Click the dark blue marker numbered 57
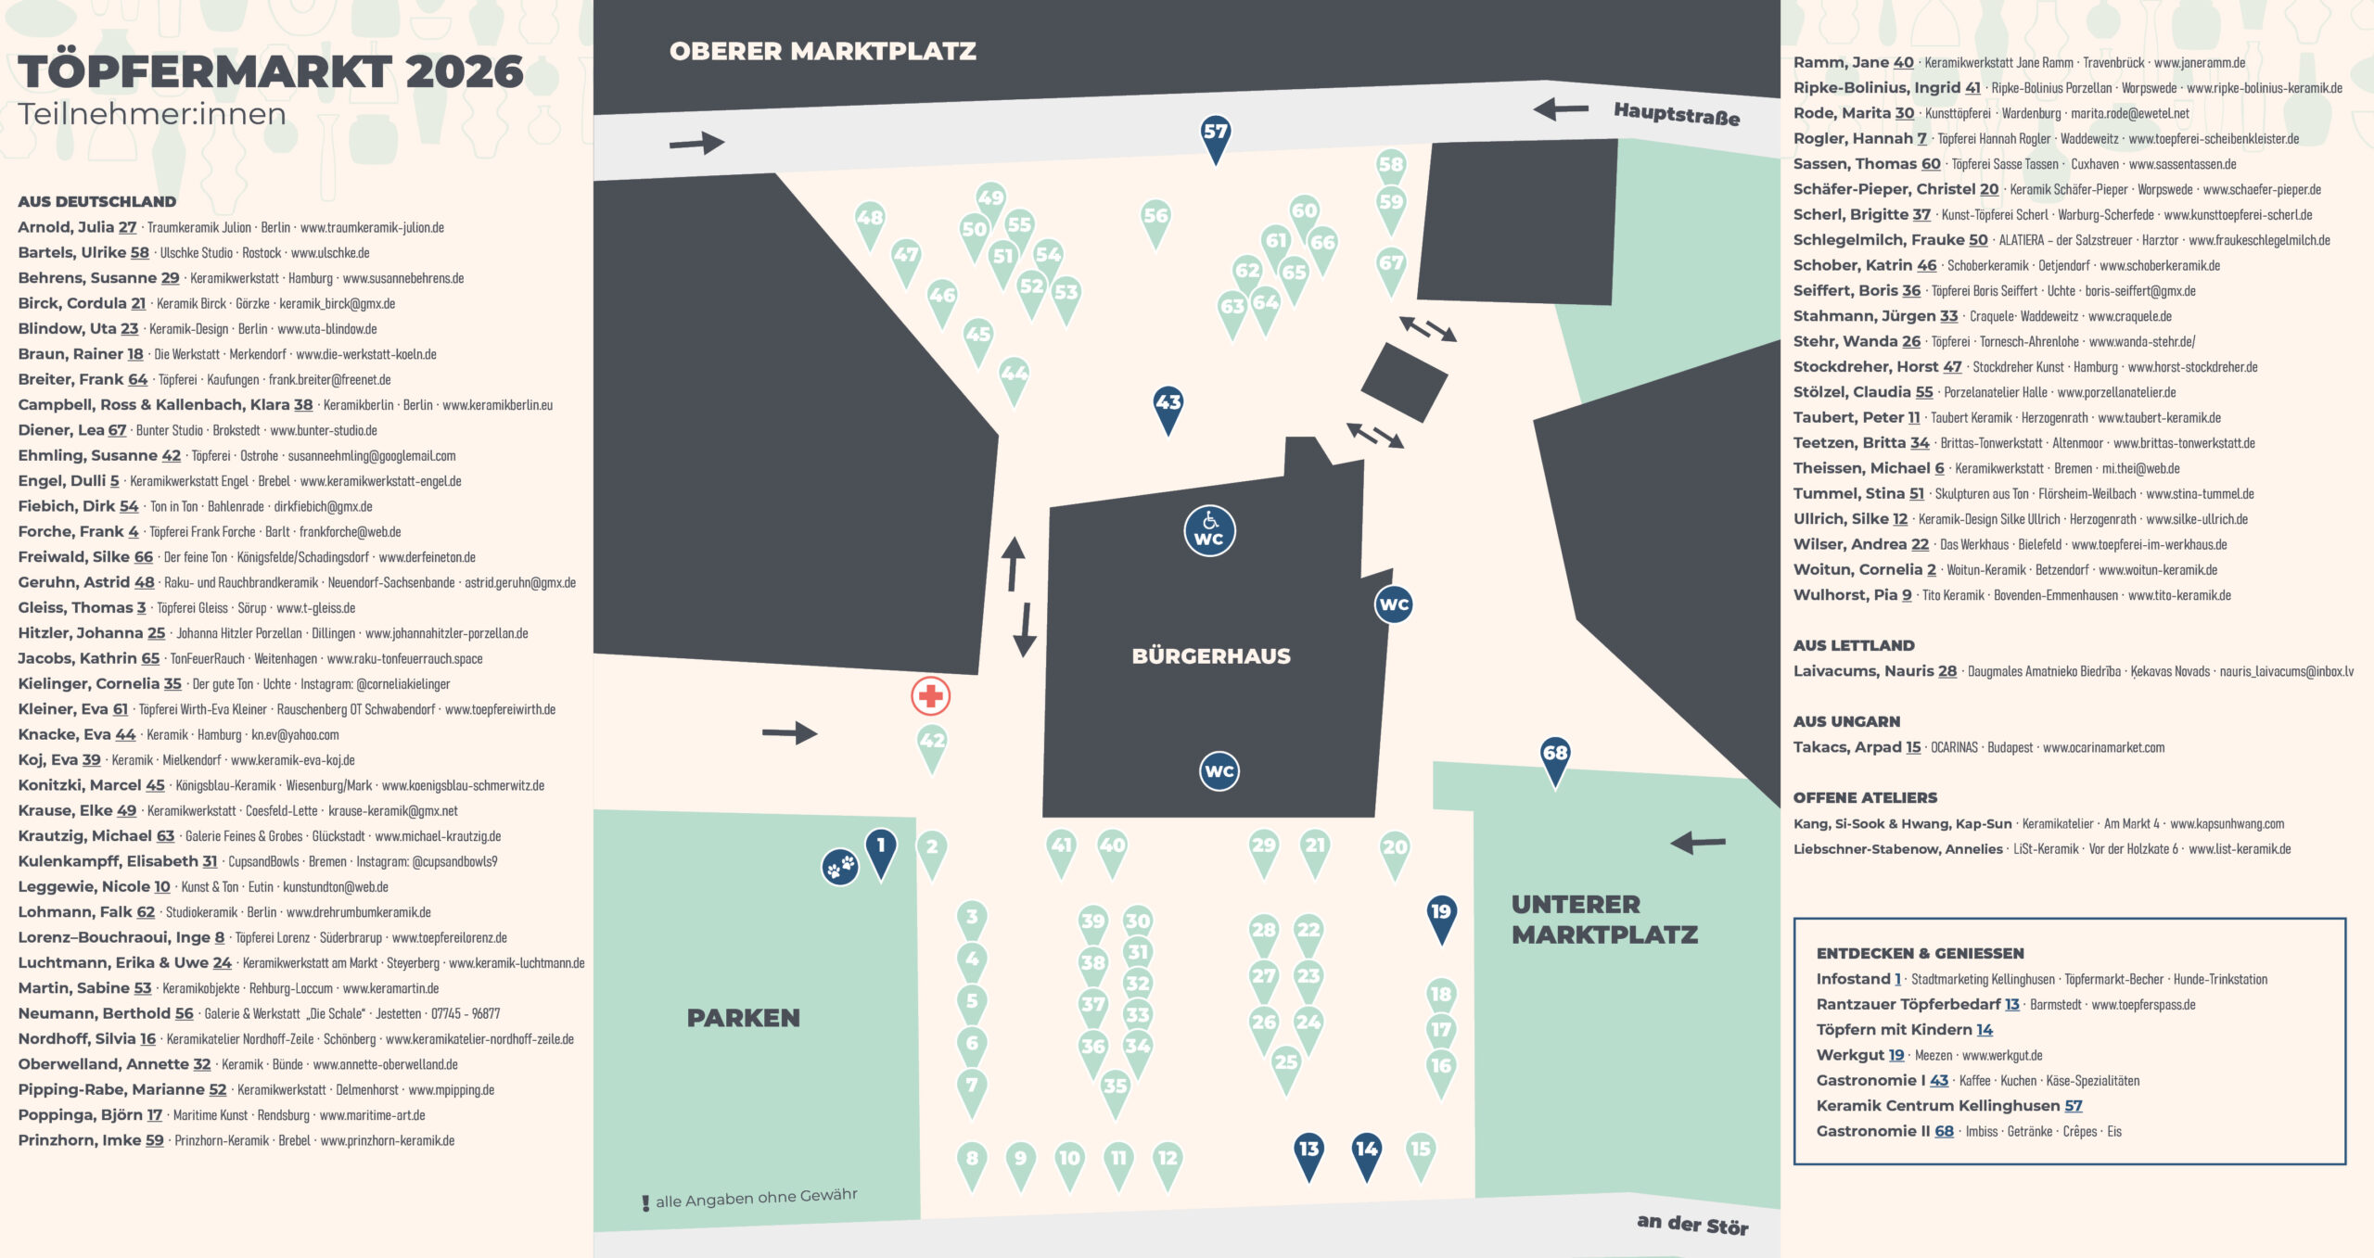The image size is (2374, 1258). pyautogui.click(x=1215, y=139)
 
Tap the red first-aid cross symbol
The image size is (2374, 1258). pyautogui.click(x=930, y=696)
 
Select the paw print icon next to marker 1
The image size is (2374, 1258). pyautogui.click(x=840, y=868)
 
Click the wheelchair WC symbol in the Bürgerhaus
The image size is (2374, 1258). pyautogui.click(x=1209, y=530)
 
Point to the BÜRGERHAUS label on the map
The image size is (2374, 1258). pyautogui.click(x=1211, y=656)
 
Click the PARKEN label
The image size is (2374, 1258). pyautogui.click(x=743, y=1018)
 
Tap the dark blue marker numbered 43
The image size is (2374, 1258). pyautogui.click(x=1168, y=410)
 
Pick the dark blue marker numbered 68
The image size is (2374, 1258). pyautogui.click(x=1555, y=760)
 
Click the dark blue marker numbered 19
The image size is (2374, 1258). pyautogui.click(x=1441, y=919)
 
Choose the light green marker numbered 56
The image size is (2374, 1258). pyautogui.click(x=1155, y=223)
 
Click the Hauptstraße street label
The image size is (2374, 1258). pyautogui.click(x=1677, y=114)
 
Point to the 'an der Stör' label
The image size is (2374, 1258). pyautogui.click(x=1692, y=1225)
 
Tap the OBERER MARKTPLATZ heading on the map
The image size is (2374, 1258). pyautogui.click(x=823, y=51)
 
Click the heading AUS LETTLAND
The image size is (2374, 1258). pyautogui.click(x=1854, y=645)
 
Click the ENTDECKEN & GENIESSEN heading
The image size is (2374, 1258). pyautogui.click(x=1920, y=953)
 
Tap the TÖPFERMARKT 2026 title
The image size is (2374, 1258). pyautogui.click(x=271, y=71)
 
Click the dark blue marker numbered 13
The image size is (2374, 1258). pyautogui.click(x=1308, y=1157)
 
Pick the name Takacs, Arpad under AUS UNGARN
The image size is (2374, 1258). pyautogui.click(x=1847, y=747)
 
